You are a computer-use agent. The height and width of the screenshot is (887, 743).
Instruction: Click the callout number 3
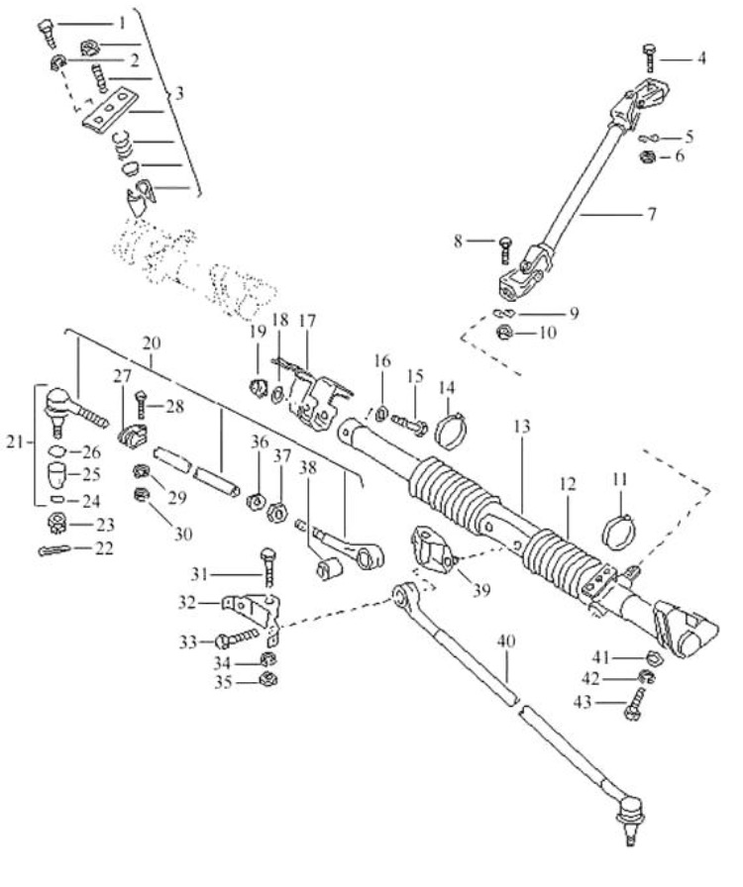(x=179, y=94)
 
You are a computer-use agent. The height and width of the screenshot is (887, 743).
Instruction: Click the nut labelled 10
(x=504, y=333)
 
